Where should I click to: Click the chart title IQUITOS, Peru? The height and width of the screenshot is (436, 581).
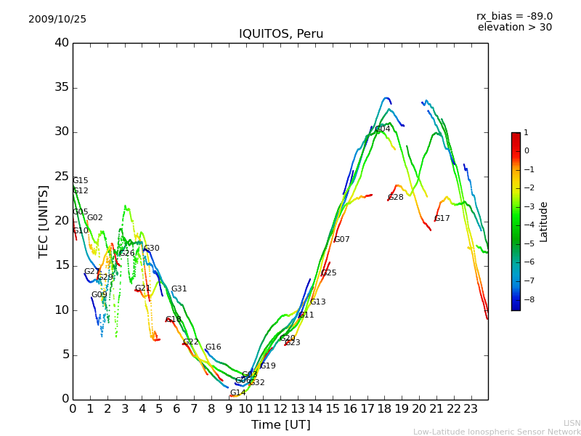[x=281, y=34]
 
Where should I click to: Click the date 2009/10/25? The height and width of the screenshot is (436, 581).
[x=57, y=20]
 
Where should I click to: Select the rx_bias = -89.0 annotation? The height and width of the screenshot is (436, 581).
[x=514, y=16]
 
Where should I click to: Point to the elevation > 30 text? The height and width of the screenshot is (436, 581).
[x=514, y=28]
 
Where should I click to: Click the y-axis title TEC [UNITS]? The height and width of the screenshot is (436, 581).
[x=44, y=221]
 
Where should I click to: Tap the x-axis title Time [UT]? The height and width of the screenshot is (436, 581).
[x=280, y=425]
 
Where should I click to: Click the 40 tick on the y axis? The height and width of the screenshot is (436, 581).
[x=62, y=43]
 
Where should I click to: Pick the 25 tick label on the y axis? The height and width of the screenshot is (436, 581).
[x=62, y=177]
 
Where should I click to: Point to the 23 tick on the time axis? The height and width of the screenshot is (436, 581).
[x=471, y=409]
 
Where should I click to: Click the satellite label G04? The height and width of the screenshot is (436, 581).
[x=383, y=129]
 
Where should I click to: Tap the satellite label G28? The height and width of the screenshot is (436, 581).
[x=396, y=198]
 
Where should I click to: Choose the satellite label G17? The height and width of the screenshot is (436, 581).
[x=442, y=219]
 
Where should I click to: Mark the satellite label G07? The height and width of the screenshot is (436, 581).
[x=342, y=240]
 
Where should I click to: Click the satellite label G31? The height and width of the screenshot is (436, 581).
[x=179, y=289]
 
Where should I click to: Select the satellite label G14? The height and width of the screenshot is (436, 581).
[x=238, y=393]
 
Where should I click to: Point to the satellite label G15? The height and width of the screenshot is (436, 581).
[x=81, y=181]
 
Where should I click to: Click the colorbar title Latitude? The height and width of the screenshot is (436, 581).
[x=544, y=221]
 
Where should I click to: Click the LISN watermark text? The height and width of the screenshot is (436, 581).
[x=572, y=423]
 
